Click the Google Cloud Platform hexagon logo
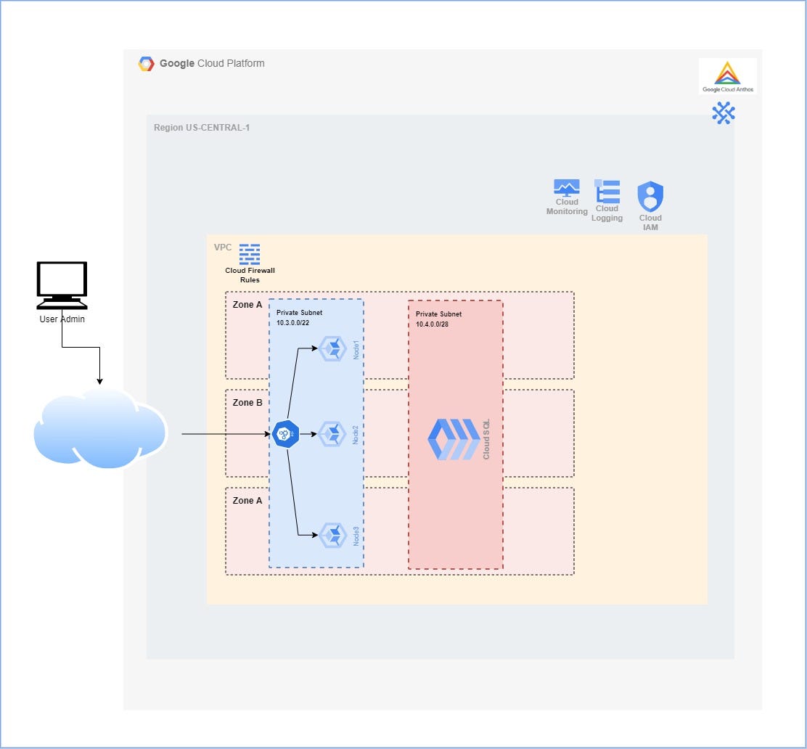(x=146, y=64)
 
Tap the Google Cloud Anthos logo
(x=727, y=75)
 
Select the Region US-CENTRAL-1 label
(x=202, y=128)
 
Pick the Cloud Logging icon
(x=607, y=191)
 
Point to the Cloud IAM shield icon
(x=650, y=196)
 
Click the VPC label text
(x=223, y=247)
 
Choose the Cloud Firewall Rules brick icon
(x=250, y=253)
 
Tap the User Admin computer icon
(x=62, y=285)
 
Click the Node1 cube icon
(x=334, y=348)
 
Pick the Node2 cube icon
(x=334, y=434)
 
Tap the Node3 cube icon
(x=334, y=535)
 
